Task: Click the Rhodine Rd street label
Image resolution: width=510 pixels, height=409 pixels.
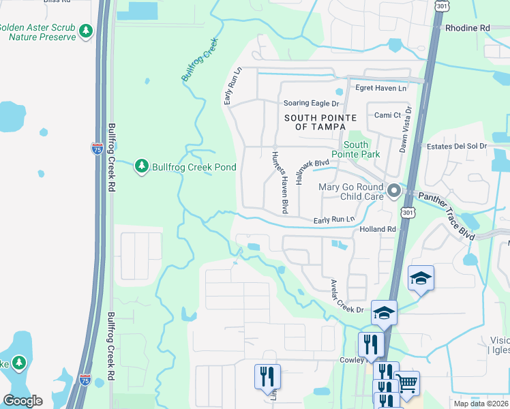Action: click(x=467, y=28)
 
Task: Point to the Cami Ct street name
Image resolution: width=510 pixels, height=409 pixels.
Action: click(x=387, y=115)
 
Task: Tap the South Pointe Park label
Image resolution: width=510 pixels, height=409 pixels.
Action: click(x=355, y=149)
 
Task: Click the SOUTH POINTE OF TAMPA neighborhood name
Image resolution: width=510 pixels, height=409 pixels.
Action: click(x=320, y=123)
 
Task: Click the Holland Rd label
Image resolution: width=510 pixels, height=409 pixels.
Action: click(x=378, y=230)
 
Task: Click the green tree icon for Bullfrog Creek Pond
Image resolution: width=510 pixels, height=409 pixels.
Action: click(x=142, y=166)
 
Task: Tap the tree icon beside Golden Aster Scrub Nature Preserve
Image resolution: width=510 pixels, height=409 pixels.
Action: click(x=86, y=31)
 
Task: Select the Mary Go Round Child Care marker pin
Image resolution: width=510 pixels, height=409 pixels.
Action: click(x=393, y=192)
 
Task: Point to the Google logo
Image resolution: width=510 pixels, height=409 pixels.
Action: click(x=22, y=401)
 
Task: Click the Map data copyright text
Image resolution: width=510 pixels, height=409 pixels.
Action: click(x=480, y=404)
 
